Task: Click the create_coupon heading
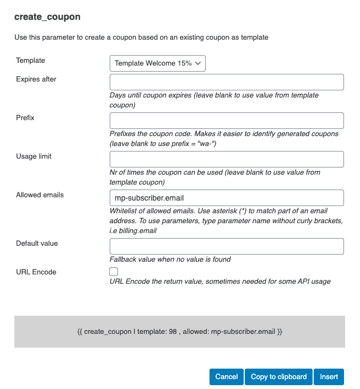tap(47, 17)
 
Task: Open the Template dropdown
tap(158, 63)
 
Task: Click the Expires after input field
tap(227, 82)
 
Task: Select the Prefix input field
tap(227, 121)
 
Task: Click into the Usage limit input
tap(227, 159)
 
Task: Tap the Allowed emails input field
tap(227, 198)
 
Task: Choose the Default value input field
tap(227, 246)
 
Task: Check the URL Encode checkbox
tap(114, 272)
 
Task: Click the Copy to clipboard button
tap(278, 377)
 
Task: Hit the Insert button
tap(329, 377)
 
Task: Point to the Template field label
tap(31, 61)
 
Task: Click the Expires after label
tap(36, 79)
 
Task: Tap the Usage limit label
tap(34, 156)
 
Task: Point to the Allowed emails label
tap(40, 195)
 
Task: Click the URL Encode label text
tap(36, 272)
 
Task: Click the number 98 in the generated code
tap(173, 332)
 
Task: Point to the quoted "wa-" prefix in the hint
tap(200, 144)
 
